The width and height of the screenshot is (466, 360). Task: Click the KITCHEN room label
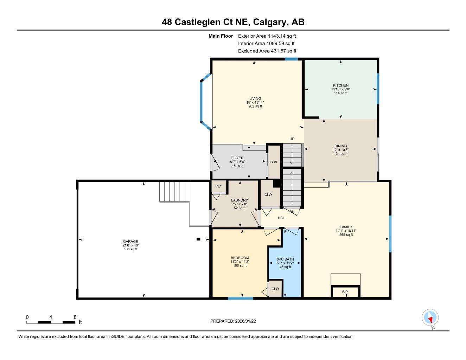tap(340, 85)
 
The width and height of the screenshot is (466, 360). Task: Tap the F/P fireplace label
tap(345, 292)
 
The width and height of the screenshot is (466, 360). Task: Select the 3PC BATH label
tap(285, 259)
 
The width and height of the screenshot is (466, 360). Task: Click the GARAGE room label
tap(130, 242)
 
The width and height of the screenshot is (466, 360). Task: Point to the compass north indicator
tap(430, 318)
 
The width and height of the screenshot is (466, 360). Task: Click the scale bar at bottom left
tap(51, 322)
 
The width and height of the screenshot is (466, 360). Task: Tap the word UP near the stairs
tap(292, 139)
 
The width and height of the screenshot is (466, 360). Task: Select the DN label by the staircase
tap(292, 212)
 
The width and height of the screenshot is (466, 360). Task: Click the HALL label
tap(282, 218)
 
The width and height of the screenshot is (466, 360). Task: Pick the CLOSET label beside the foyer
tap(274, 162)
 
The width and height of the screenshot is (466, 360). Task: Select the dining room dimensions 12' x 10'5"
tap(340, 150)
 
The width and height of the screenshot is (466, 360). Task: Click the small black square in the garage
tap(198, 239)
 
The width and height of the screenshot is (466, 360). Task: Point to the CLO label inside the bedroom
tap(275, 289)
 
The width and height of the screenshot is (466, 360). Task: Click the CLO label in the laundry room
tap(219, 186)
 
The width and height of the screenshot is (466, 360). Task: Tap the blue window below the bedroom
tap(241, 298)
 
